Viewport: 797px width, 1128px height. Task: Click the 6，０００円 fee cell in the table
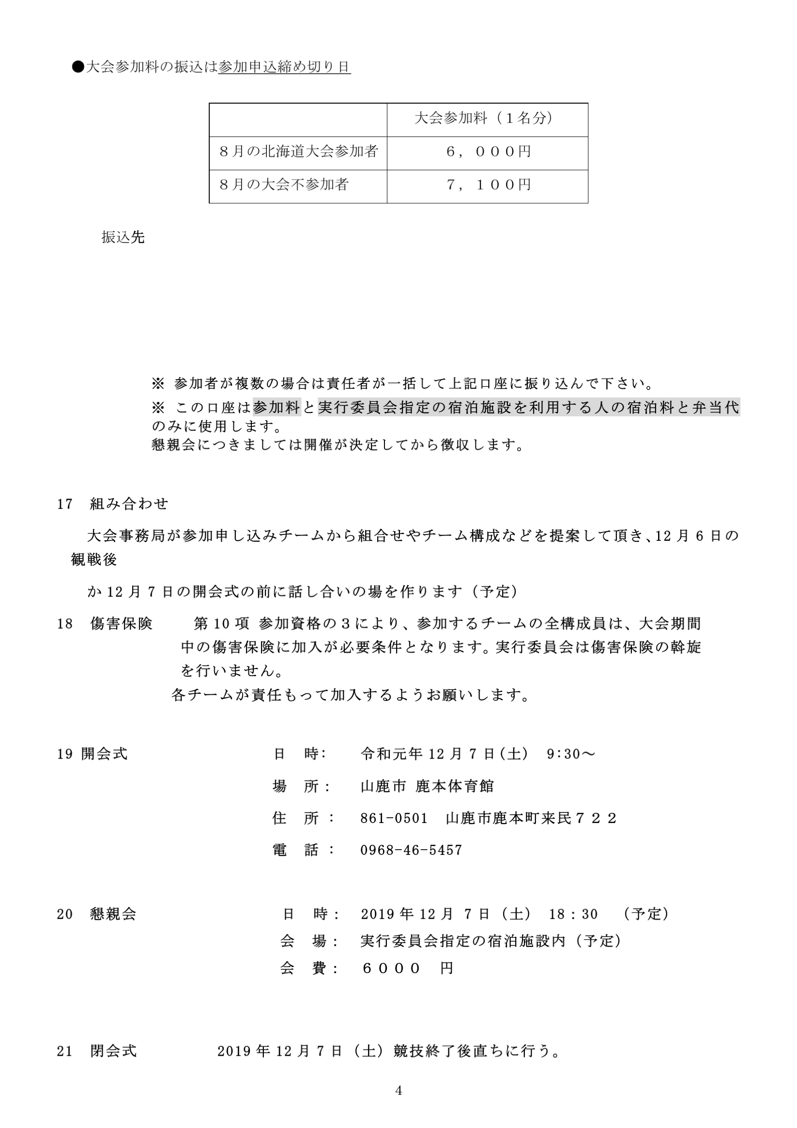(x=488, y=152)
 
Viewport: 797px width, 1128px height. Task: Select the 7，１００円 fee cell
(x=488, y=185)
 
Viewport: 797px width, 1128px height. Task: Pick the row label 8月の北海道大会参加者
(x=298, y=152)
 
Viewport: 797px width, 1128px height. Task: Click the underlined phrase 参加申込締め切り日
(x=284, y=67)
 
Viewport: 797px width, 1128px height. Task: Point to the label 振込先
(x=123, y=238)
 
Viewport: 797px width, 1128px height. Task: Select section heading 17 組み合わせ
(x=112, y=504)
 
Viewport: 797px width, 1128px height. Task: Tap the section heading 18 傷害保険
(x=105, y=624)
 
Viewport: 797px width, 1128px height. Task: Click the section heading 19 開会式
(x=92, y=754)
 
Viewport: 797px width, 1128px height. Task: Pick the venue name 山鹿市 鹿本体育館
(x=427, y=787)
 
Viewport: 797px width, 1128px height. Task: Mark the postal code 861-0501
(x=394, y=819)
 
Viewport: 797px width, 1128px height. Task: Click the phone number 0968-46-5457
(x=411, y=851)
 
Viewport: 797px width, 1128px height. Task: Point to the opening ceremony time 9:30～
(x=570, y=754)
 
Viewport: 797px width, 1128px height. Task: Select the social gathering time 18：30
(x=573, y=915)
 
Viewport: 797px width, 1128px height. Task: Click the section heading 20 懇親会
(x=96, y=915)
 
